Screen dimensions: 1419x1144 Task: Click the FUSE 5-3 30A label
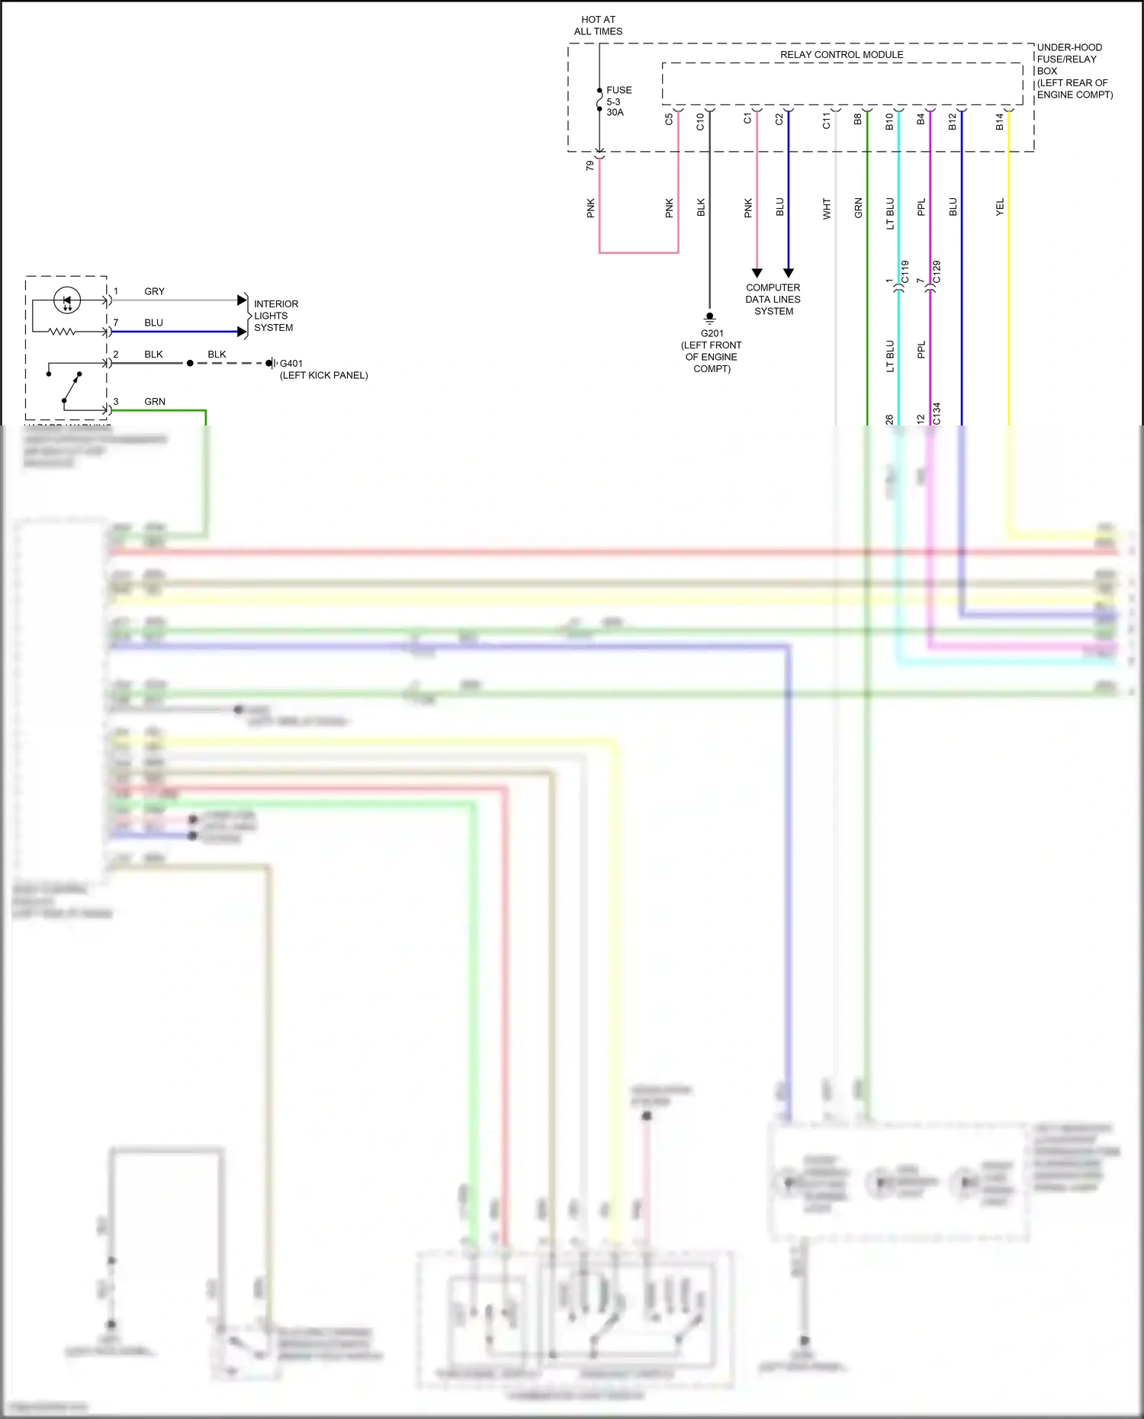[x=618, y=101]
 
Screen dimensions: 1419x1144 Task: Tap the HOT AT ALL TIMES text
[x=598, y=25]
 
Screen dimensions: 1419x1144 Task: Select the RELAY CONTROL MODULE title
[x=841, y=54]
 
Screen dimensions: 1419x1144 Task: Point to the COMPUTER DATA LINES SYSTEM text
[x=773, y=299]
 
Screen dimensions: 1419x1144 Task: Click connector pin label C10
[x=700, y=121]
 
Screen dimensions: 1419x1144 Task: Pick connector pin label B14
[x=999, y=121]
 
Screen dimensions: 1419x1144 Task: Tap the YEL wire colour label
[x=1000, y=207]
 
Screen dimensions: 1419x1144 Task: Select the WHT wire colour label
[x=827, y=208]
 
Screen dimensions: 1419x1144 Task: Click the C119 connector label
[x=905, y=272]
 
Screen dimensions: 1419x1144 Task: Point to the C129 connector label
[x=937, y=272]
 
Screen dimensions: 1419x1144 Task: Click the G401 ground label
[x=291, y=364]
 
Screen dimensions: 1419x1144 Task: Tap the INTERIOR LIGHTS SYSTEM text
[x=275, y=316]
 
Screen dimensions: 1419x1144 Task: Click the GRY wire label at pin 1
[x=154, y=291]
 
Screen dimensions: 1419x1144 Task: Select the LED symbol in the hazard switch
[x=66, y=300]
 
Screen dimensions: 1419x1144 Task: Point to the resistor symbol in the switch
[x=63, y=332]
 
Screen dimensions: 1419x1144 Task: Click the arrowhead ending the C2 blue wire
[x=789, y=272]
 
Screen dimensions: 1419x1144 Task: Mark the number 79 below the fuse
[x=590, y=165]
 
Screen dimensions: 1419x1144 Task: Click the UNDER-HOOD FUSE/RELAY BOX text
[x=1073, y=71]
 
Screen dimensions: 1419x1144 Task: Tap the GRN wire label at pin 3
[x=155, y=401]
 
